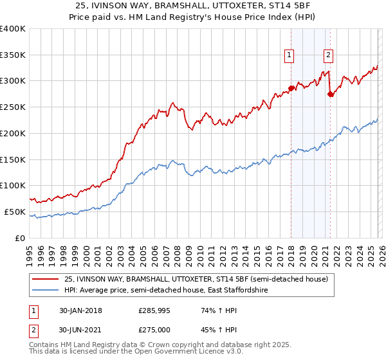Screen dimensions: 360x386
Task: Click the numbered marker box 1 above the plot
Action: tap(289, 56)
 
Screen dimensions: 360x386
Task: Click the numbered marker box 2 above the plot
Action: tap(329, 56)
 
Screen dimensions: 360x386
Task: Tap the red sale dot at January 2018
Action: tap(291, 88)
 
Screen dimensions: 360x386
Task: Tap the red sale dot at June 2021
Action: tap(330, 94)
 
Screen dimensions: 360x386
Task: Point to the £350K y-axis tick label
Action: tap(13, 55)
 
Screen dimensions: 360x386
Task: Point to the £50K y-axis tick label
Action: tap(15, 212)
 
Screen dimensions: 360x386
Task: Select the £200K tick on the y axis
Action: tap(13, 133)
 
